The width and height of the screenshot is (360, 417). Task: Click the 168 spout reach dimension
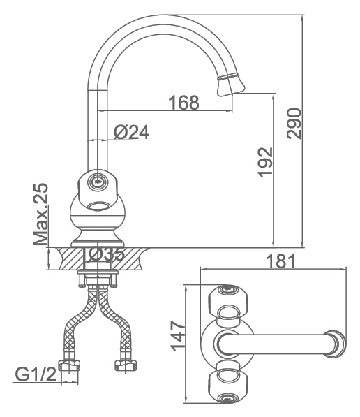click(184, 103)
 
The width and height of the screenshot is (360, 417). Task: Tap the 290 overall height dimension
click(294, 123)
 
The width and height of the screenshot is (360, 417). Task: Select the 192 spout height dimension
click(265, 162)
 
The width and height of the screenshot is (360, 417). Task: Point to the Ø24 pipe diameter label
click(132, 132)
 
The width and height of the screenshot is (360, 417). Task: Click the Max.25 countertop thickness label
click(40, 214)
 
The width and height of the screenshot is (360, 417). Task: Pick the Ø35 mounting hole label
click(106, 254)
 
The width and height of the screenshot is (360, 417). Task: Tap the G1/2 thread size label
click(36, 374)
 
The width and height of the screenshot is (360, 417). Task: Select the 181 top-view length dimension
click(280, 261)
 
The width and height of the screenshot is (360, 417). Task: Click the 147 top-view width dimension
click(177, 335)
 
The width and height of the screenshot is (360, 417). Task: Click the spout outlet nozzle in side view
click(230, 85)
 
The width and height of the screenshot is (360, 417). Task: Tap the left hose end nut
click(69, 365)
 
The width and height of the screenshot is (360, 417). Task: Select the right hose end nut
click(126, 365)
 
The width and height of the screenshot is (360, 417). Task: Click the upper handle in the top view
click(227, 302)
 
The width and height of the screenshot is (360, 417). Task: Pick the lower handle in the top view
click(227, 384)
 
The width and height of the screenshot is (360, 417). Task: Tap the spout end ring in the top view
click(336, 344)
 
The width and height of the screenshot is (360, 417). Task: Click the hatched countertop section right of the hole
click(129, 258)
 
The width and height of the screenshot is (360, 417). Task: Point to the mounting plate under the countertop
click(98, 272)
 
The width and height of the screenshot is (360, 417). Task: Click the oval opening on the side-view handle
click(98, 205)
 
